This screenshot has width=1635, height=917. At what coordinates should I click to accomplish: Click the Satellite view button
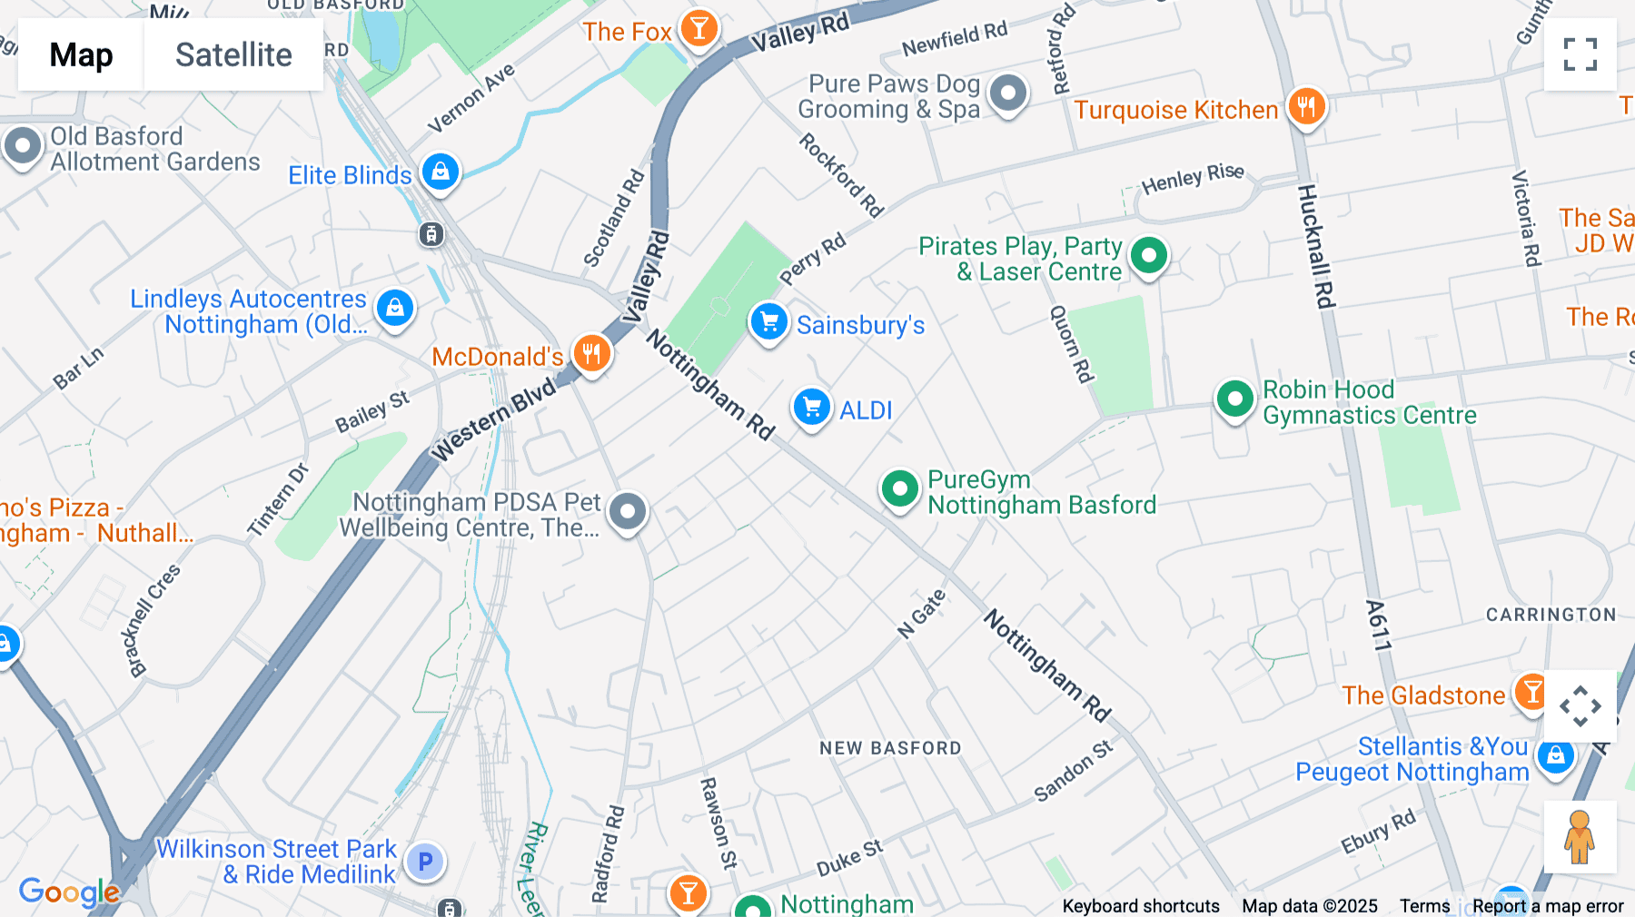233,54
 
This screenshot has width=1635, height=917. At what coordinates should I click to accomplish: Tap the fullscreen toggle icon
1580,54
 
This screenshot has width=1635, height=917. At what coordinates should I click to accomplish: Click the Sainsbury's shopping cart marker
768,322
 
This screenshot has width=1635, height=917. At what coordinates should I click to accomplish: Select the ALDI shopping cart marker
811,408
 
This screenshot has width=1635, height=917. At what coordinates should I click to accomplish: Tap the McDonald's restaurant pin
591,353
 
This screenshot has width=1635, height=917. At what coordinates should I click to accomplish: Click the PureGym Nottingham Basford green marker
899,489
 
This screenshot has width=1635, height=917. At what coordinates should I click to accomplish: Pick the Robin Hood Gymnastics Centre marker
1234,398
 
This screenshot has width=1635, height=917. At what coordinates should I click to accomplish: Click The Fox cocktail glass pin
699,29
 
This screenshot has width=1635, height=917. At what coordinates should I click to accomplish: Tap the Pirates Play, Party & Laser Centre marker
1149,256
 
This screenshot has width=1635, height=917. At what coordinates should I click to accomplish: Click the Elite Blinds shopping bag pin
441,172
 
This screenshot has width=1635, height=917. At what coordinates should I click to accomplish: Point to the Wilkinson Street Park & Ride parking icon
424,862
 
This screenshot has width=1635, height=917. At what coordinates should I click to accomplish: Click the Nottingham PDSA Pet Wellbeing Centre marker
628,512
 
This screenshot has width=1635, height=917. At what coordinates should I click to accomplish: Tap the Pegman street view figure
1580,837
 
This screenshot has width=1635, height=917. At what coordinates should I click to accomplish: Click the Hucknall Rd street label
1314,247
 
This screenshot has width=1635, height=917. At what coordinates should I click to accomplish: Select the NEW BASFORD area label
890,748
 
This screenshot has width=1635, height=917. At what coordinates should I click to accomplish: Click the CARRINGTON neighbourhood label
1551,615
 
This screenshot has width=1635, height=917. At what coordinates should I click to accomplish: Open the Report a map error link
1548,906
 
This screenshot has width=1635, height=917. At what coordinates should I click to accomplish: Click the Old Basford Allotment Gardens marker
23,146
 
